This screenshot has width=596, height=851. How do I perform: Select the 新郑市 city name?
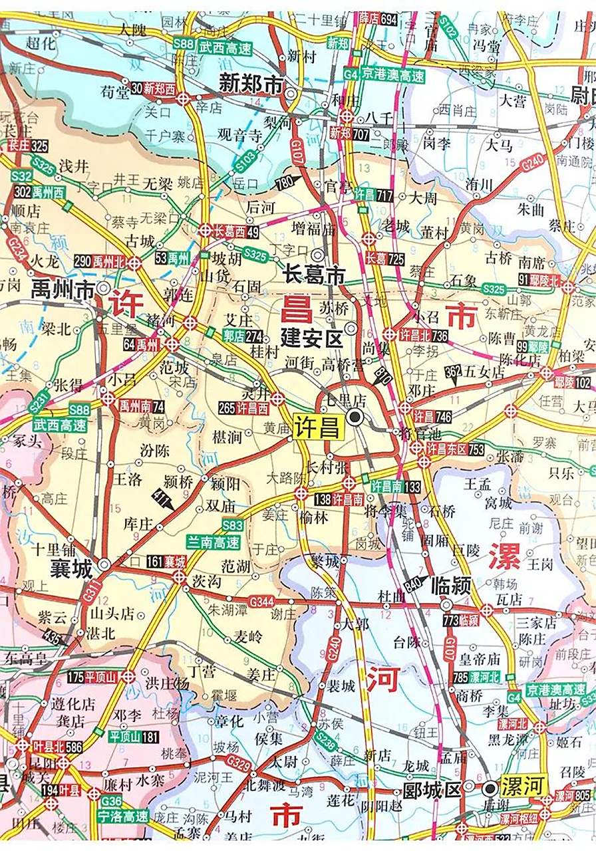tap(251, 84)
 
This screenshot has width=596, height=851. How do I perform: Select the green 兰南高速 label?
tap(213, 542)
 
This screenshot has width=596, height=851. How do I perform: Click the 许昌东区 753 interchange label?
tap(456, 449)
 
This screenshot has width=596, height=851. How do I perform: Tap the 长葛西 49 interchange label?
tap(237, 231)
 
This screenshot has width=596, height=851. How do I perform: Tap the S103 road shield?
tap(245, 162)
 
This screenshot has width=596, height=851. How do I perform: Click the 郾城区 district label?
tap(432, 790)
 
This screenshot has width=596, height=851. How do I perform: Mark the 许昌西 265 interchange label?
tap(243, 408)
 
